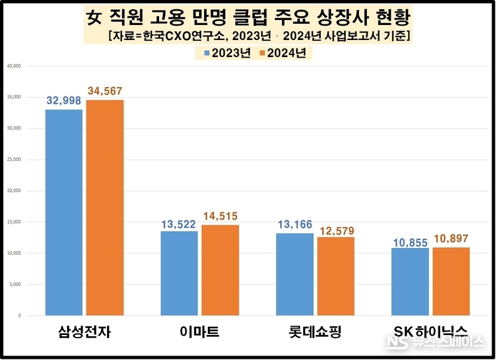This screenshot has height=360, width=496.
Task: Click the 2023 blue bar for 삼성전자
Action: click(x=64, y=212)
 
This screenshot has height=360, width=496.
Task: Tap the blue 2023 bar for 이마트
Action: click(x=179, y=273)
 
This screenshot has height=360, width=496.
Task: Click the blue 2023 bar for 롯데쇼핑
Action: click(x=294, y=274)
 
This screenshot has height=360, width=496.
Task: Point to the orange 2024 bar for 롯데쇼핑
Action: click(x=336, y=276)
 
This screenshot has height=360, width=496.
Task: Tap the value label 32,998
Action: click(x=64, y=101)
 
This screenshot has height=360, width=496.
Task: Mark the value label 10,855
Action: click(x=410, y=241)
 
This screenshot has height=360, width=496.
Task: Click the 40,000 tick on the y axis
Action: click(x=14, y=66)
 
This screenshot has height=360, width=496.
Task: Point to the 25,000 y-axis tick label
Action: click(x=14, y=160)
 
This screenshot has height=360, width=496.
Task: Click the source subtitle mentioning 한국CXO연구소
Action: click(x=259, y=35)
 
